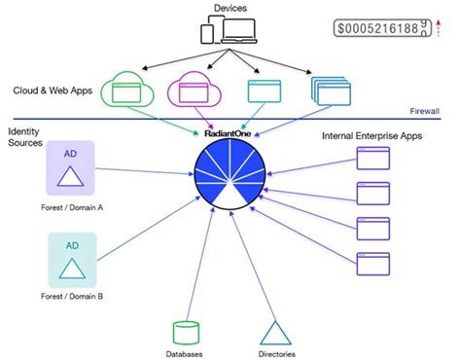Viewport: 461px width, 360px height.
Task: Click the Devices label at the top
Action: pyautogui.click(x=230, y=9)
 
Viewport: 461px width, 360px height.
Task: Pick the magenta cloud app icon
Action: pyautogui.click(x=194, y=91)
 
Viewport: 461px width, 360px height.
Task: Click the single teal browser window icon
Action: pyautogui.click(x=263, y=92)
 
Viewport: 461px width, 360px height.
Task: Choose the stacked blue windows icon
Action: pyautogui.click(x=327, y=91)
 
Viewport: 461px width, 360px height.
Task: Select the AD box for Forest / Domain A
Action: pyautogui.click(x=69, y=167)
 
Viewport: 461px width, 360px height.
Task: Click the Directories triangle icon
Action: pyautogui.click(x=277, y=333)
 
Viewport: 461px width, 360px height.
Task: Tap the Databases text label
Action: pyautogui.click(x=185, y=353)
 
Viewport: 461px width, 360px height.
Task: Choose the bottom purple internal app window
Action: pyautogui.click(x=374, y=263)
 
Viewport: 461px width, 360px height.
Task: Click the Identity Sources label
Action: pyautogui.click(x=23, y=137)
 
